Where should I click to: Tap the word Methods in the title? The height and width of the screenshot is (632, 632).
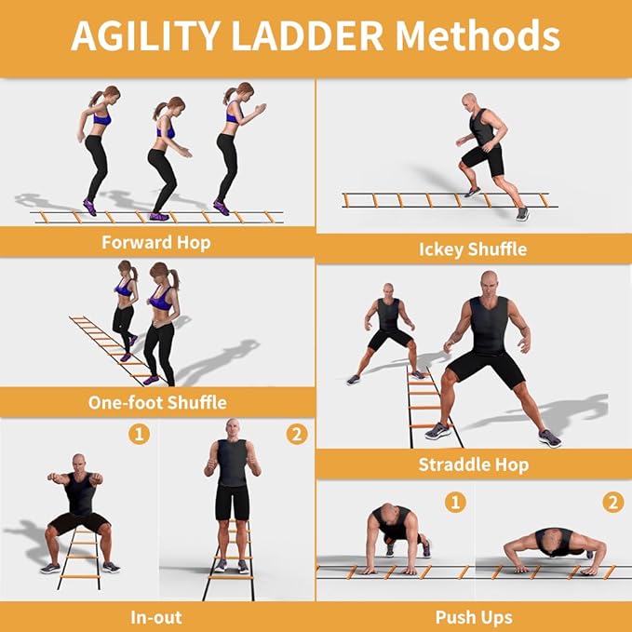point(476,36)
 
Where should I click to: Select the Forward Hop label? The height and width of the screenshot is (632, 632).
point(156,243)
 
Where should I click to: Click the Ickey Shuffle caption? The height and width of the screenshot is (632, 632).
point(472,249)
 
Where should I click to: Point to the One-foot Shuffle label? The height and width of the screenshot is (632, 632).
point(156,403)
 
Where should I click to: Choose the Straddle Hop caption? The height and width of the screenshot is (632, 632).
point(472,464)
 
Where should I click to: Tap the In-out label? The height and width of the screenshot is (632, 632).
point(156,616)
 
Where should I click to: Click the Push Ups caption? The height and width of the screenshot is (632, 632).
point(472,616)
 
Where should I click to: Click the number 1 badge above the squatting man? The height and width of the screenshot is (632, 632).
point(138,435)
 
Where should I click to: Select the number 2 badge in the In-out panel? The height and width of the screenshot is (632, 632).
point(296,435)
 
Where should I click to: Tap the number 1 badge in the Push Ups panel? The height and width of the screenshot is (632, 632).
point(455,503)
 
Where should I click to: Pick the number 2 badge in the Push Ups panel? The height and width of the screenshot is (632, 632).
point(612,503)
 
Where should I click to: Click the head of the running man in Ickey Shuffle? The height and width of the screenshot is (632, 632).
point(479,101)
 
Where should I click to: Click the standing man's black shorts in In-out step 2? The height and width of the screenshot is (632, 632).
point(232,502)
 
